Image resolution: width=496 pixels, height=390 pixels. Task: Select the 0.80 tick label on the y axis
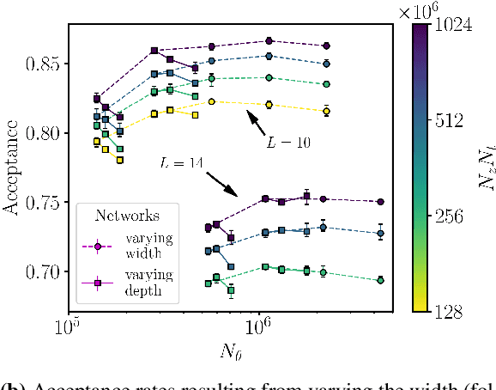point(44,133)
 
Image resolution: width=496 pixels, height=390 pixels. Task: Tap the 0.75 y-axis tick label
point(44,203)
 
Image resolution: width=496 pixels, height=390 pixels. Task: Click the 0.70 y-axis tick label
point(44,271)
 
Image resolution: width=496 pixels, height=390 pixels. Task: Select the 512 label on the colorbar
point(447,120)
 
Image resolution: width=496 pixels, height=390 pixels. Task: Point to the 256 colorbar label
point(447,217)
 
